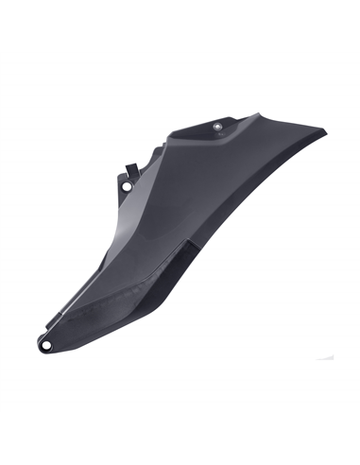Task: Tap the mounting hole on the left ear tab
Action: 126,186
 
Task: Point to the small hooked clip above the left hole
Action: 131,167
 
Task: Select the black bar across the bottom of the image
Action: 180,439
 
